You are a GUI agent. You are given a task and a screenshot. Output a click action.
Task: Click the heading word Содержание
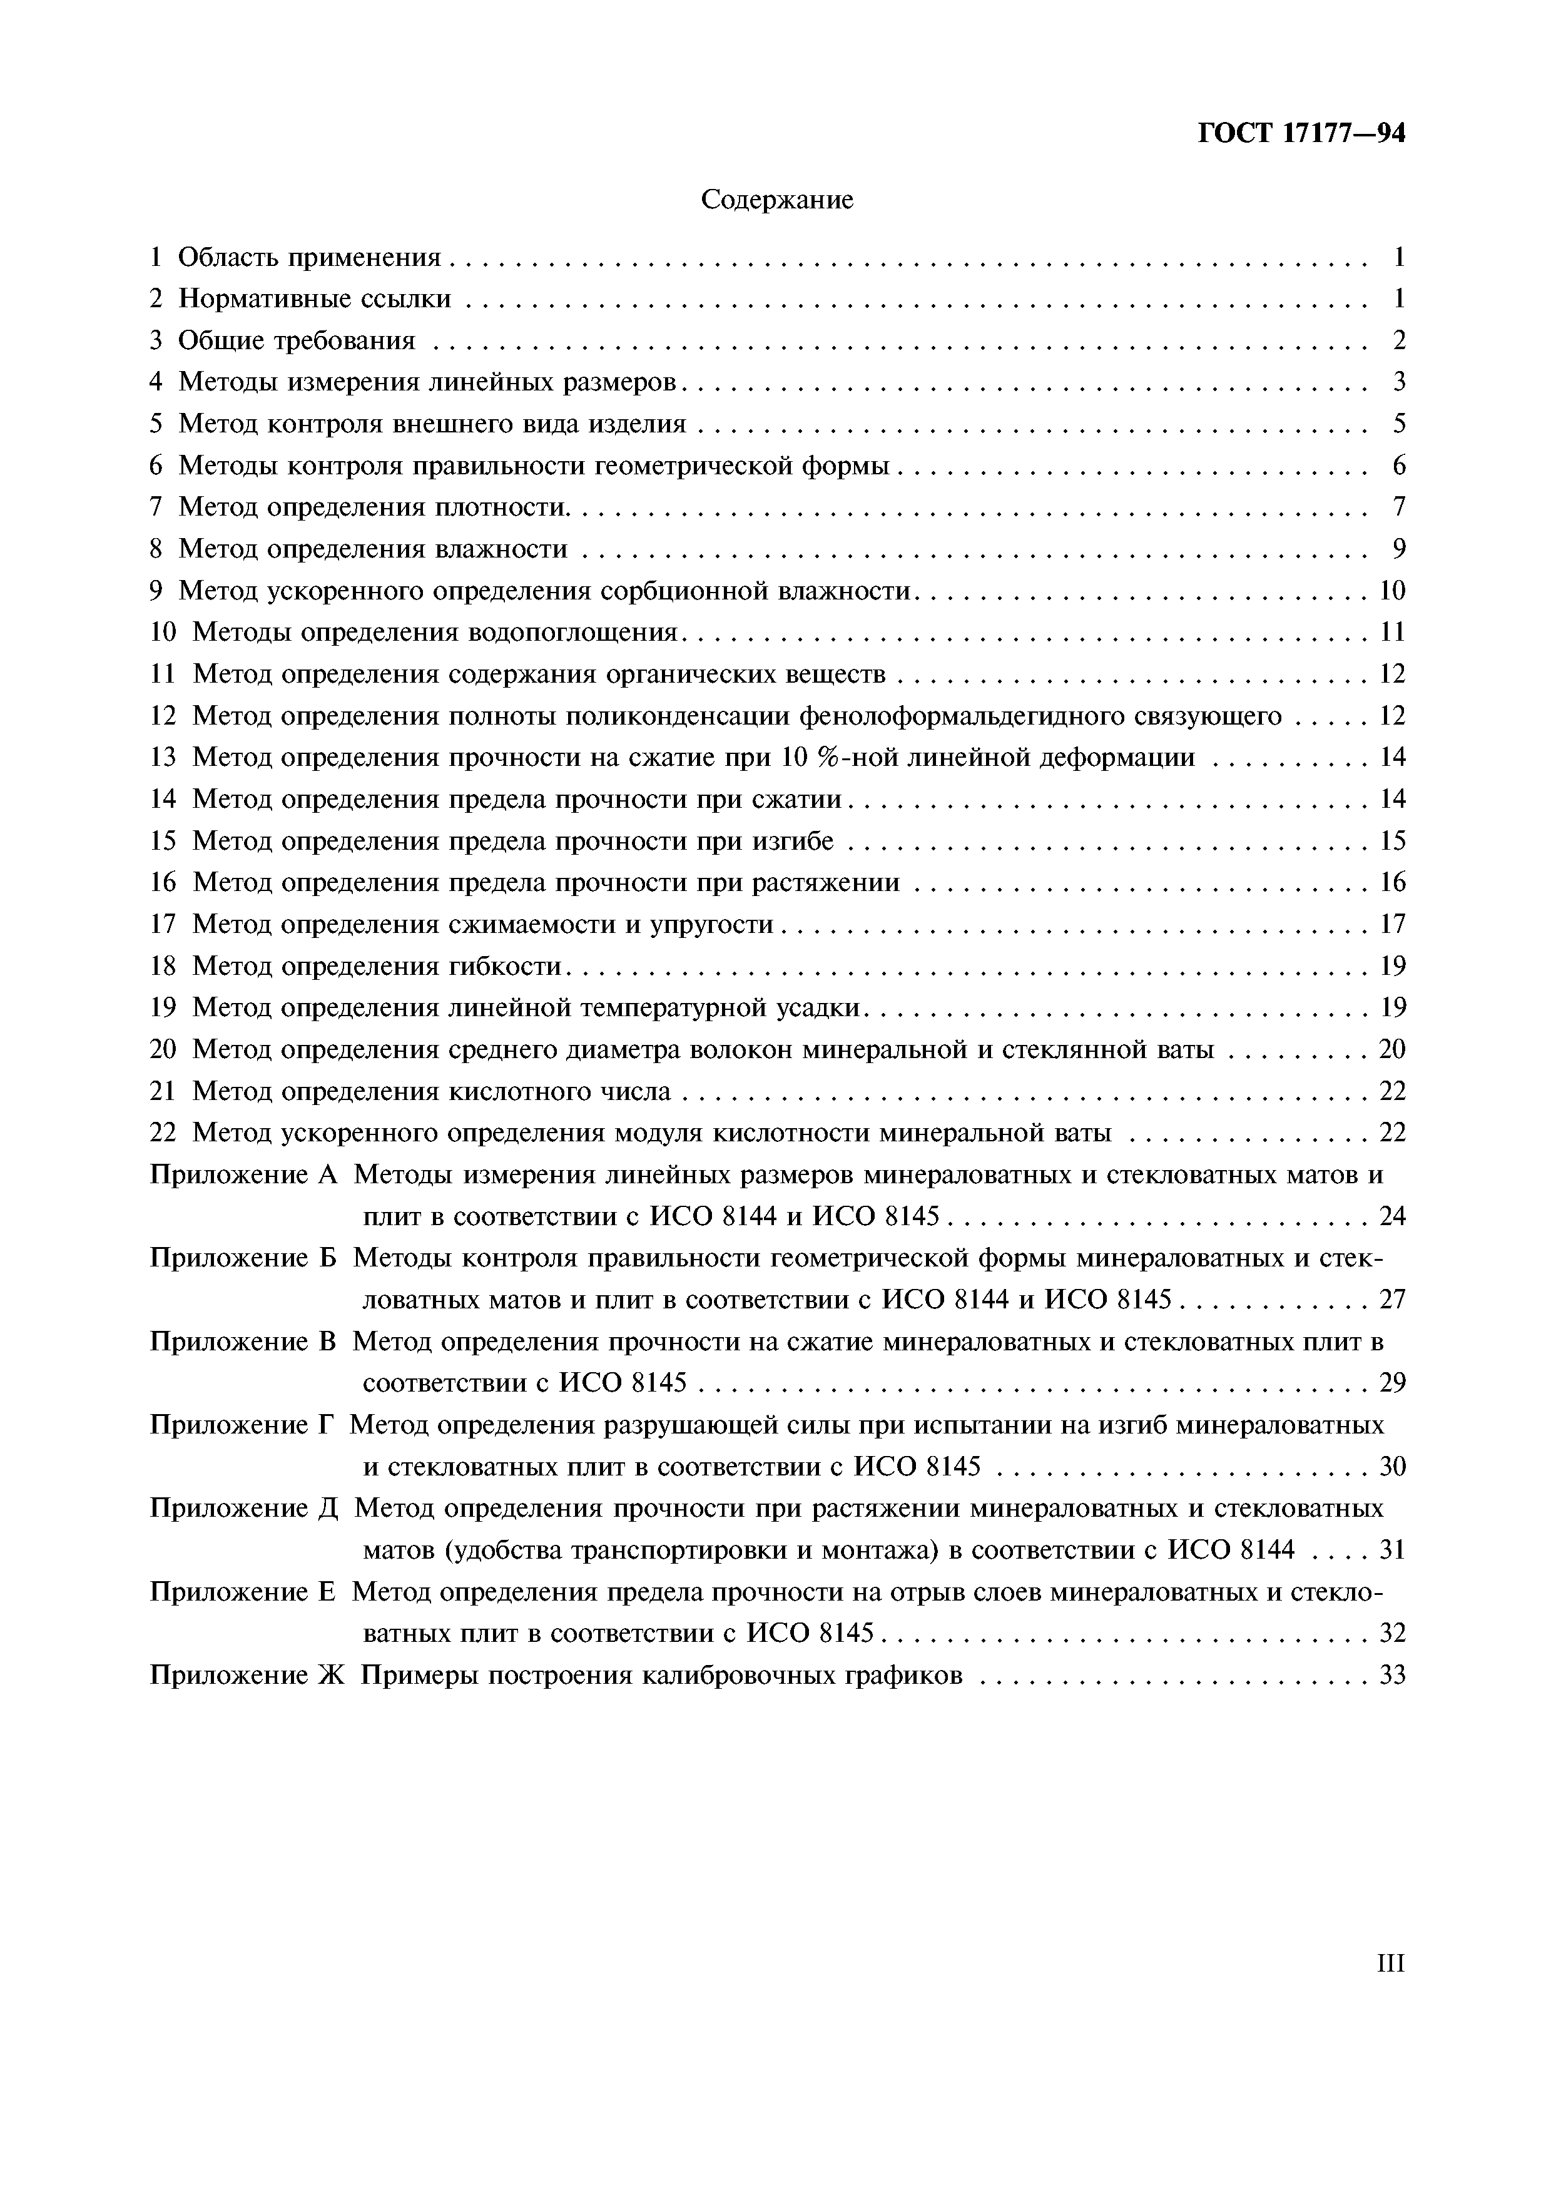point(776,200)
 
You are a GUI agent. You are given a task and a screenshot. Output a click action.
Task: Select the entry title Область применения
point(310,257)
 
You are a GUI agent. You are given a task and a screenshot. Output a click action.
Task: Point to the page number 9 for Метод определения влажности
point(1399,549)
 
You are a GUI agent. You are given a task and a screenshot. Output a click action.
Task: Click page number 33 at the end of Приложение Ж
point(1392,1675)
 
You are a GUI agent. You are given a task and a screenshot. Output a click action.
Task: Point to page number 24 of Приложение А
point(1392,1216)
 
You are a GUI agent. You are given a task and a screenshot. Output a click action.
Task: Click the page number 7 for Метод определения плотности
point(1399,507)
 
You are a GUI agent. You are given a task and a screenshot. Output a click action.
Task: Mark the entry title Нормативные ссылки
point(315,299)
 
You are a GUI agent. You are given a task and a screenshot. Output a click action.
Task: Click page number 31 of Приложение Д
point(1392,1549)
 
